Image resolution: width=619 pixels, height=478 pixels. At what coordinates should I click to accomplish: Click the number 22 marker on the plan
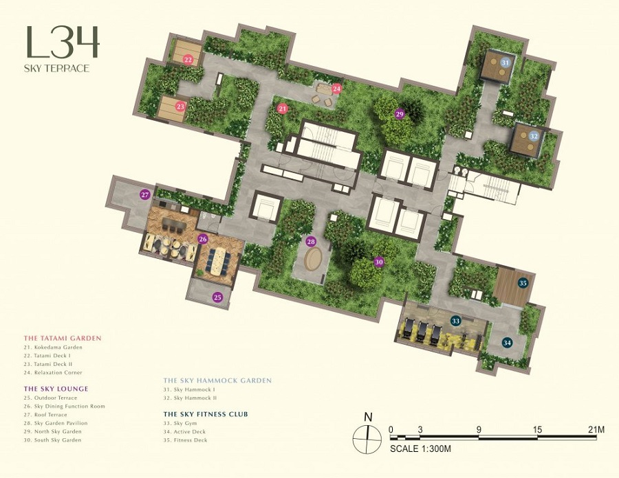tap(188, 60)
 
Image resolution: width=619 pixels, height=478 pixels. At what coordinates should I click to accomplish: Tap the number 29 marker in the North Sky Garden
tap(400, 114)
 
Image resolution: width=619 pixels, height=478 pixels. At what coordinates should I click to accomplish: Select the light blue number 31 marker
tap(506, 62)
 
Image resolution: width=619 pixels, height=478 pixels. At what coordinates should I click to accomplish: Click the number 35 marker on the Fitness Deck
tap(523, 283)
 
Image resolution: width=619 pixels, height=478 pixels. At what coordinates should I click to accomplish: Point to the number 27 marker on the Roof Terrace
tap(145, 194)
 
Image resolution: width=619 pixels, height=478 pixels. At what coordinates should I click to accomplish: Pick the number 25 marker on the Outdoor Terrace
tap(217, 297)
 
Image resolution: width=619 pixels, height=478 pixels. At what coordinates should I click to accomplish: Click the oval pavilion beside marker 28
tap(313, 258)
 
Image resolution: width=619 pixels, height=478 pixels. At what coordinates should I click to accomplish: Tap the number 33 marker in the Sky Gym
tap(456, 321)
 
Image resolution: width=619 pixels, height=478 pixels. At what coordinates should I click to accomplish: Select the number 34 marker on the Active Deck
tap(508, 343)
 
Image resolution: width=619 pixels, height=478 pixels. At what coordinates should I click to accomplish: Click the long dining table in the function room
tap(216, 262)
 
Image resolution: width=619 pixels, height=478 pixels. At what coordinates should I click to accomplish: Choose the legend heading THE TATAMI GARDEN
tap(63, 338)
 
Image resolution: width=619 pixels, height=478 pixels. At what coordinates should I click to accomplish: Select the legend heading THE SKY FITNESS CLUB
tap(206, 414)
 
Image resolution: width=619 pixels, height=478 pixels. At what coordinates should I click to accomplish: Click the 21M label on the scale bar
tap(596, 429)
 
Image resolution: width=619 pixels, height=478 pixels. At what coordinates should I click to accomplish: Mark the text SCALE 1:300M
tap(420, 448)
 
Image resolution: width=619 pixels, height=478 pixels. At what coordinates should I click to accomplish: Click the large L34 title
tap(63, 42)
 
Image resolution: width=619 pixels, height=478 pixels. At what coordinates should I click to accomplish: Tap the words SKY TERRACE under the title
tap(57, 68)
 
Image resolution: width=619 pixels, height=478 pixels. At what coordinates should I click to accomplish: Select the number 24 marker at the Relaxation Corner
tap(336, 89)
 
